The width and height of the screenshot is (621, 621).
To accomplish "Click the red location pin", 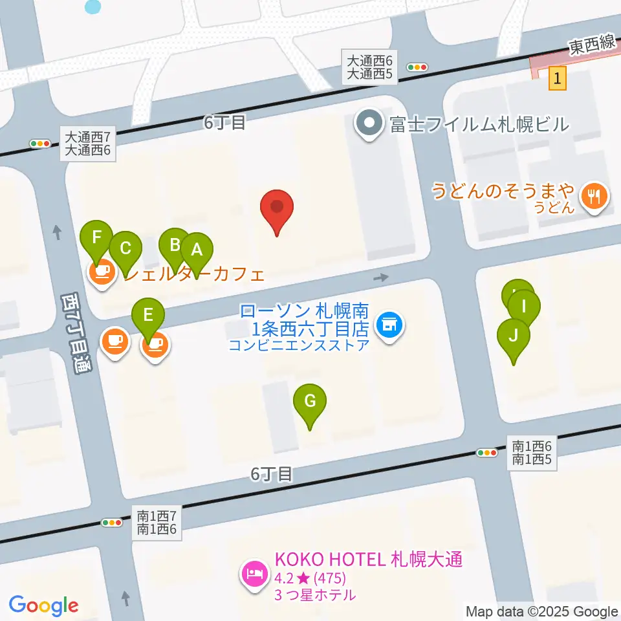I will click(277, 209).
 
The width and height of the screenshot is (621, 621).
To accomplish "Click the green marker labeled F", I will click(97, 238).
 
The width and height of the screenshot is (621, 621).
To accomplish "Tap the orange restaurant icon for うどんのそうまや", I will click(593, 196).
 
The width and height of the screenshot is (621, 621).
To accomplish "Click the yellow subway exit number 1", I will click(558, 79).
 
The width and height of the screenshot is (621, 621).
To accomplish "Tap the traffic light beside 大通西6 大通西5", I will click(417, 67).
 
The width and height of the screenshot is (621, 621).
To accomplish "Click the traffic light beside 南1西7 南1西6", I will click(113, 523).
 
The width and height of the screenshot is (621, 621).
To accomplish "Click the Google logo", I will click(43, 605).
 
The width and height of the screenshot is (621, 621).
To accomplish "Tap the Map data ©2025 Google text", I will click(542, 611).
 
